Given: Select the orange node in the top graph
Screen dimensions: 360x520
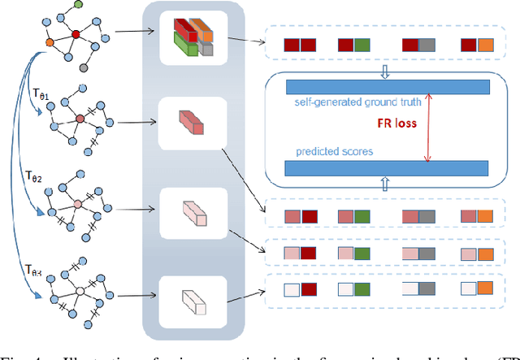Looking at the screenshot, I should tap(50, 42).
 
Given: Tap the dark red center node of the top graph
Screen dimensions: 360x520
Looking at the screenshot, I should tap(76, 34).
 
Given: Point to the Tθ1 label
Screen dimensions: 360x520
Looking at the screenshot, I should tap(39, 95).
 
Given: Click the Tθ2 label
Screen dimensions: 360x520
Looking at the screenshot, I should tap(34, 175).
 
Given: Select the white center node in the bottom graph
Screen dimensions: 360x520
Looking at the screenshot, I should tap(80, 289).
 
